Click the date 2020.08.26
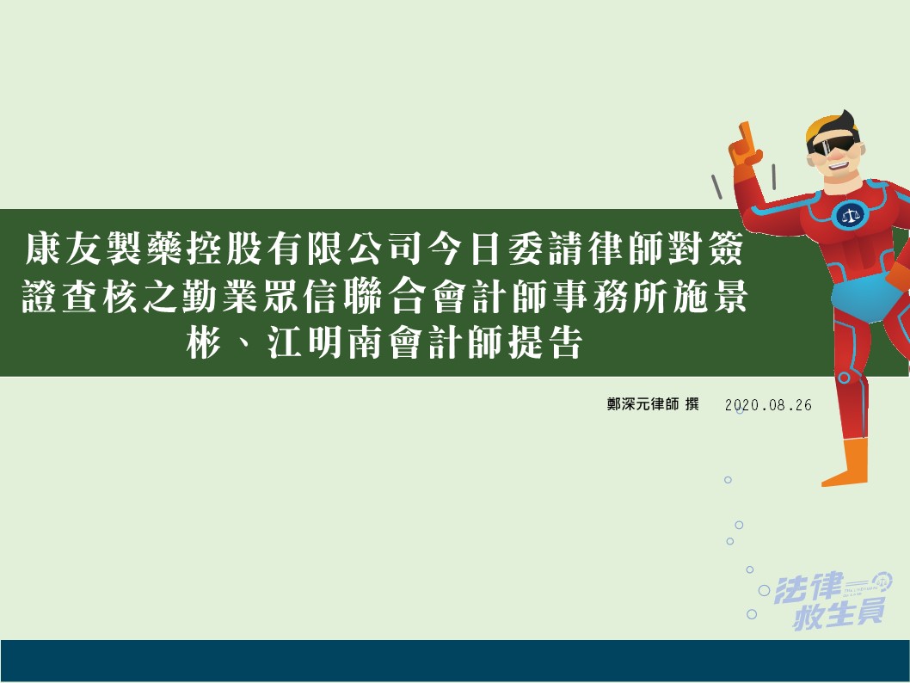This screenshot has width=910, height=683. pos(768,405)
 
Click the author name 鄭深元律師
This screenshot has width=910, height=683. pos(643,404)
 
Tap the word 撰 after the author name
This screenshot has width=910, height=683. pos(692,404)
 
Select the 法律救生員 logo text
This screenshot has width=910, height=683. pos(832,600)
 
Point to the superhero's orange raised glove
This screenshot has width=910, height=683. pos(745,146)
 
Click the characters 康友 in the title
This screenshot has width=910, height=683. pos(63,249)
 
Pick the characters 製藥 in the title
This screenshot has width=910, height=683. pos(144,249)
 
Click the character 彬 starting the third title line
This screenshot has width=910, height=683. pos(205,341)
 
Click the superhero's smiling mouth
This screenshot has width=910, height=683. pos(840,164)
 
